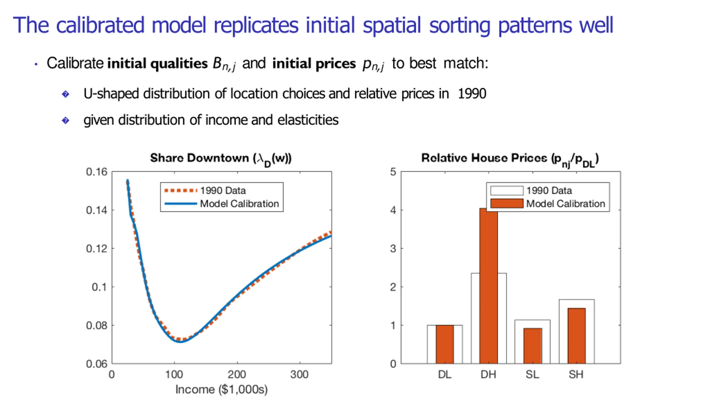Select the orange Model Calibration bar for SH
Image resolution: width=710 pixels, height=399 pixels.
(576, 336)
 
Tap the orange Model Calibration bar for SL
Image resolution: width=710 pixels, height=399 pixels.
(532, 346)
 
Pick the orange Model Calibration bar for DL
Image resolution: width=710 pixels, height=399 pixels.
(445, 344)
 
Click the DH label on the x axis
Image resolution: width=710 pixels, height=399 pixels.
(488, 375)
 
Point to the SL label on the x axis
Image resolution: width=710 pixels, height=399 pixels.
(532, 375)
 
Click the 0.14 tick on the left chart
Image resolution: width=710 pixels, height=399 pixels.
(97, 210)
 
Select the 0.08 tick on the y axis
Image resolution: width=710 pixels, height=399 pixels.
(97, 326)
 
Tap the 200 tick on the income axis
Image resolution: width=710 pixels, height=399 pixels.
(237, 375)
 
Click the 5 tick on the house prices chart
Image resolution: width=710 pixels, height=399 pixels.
(393, 172)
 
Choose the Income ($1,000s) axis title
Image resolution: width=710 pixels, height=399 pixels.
(221, 390)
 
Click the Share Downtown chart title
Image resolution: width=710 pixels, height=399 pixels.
(221, 158)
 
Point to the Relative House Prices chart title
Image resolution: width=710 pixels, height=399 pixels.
(510, 158)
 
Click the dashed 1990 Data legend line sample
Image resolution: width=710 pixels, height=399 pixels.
(180, 190)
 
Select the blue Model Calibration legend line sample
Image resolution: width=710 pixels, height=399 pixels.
(180, 204)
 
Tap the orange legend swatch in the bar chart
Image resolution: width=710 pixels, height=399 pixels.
(506, 203)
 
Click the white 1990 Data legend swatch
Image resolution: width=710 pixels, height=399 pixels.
(506, 190)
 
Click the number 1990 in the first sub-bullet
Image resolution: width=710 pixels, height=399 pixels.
(472, 94)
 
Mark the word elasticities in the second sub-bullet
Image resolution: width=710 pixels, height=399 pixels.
(308, 120)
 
